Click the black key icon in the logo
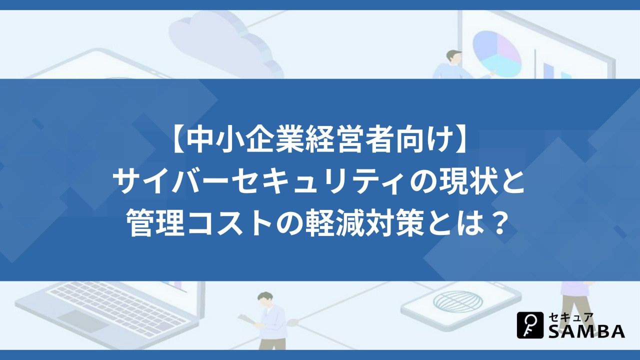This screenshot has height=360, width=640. [530, 325]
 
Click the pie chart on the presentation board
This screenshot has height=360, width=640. [496, 53]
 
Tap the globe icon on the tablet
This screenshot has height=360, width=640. [458, 301]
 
